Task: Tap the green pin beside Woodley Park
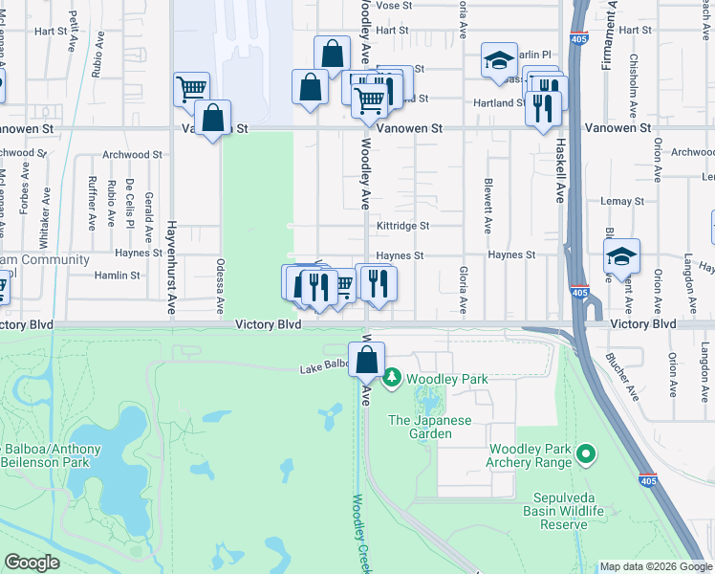pos(391,380)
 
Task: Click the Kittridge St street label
pos(402,226)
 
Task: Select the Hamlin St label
pos(117,275)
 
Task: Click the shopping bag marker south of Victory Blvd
pos(366,361)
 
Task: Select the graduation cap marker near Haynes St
pos(621,256)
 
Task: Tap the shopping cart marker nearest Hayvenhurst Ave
pos(191,89)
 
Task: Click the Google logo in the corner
pos(32,563)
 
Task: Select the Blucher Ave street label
pos(620,374)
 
